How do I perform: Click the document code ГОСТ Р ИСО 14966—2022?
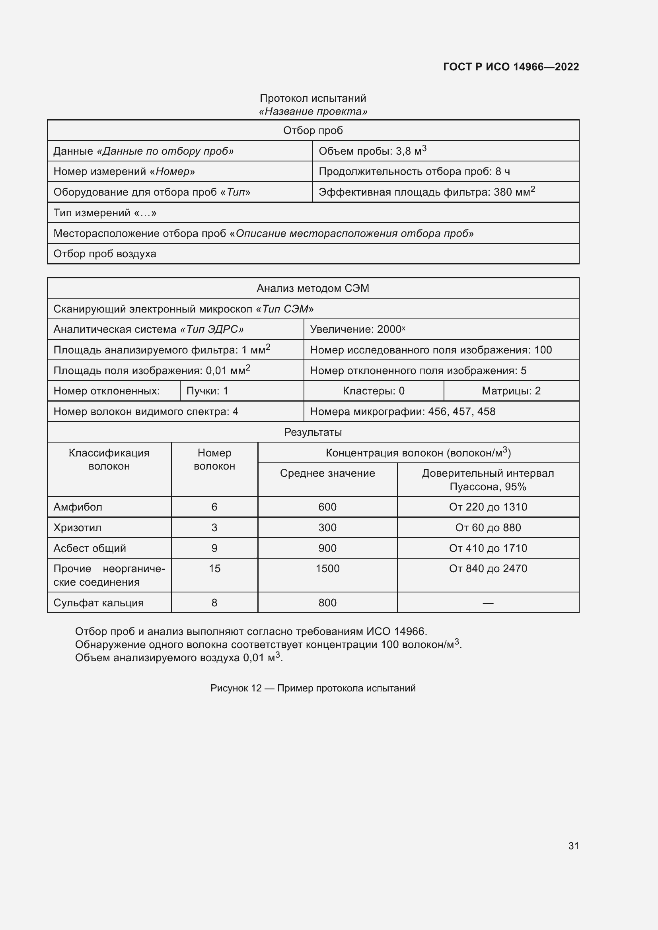pyautogui.click(x=510, y=67)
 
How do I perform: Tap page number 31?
pyautogui.click(x=573, y=846)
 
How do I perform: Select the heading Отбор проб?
pyautogui.click(x=313, y=130)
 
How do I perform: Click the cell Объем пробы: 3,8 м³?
pyautogui.click(x=372, y=151)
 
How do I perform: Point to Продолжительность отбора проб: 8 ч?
pyautogui.click(x=414, y=172)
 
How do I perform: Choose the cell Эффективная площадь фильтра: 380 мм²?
pyautogui.click(x=426, y=192)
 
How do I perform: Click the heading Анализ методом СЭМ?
pyautogui.click(x=313, y=288)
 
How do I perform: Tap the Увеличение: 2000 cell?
pyautogui.click(x=357, y=329)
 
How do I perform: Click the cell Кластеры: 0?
pyautogui.click(x=373, y=391)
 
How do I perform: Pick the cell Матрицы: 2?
pyautogui.click(x=511, y=391)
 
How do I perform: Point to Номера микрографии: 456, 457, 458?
pyautogui.click(x=402, y=412)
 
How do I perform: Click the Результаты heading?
pyautogui.click(x=313, y=432)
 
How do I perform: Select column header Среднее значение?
pyautogui.click(x=327, y=473)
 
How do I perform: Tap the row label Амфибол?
pyautogui.click(x=78, y=507)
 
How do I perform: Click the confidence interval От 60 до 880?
pyautogui.click(x=488, y=528)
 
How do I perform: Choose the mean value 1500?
pyautogui.click(x=327, y=569)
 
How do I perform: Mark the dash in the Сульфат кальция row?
pyautogui.click(x=488, y=603)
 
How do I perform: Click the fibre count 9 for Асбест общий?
pyautogui.click(x=214, y=548)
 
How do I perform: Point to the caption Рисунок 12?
pyautogui.click(x=313, y=688)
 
